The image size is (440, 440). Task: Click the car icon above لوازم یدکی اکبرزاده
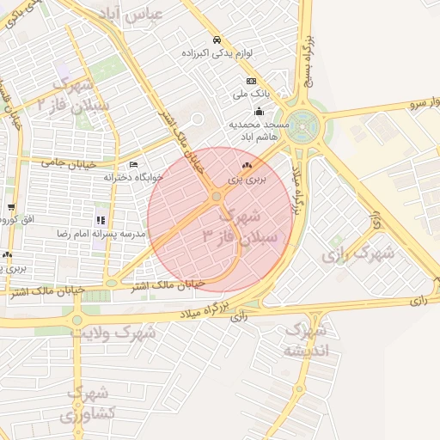point(217,40)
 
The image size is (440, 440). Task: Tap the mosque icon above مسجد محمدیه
point(259,111)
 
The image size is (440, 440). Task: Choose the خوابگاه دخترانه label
point(133,176)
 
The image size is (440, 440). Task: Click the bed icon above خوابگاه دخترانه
point(132,164)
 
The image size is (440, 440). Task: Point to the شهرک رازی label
point(357,254)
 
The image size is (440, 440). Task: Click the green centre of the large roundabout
point(302,124)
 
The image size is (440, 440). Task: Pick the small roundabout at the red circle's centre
point(217,197)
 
